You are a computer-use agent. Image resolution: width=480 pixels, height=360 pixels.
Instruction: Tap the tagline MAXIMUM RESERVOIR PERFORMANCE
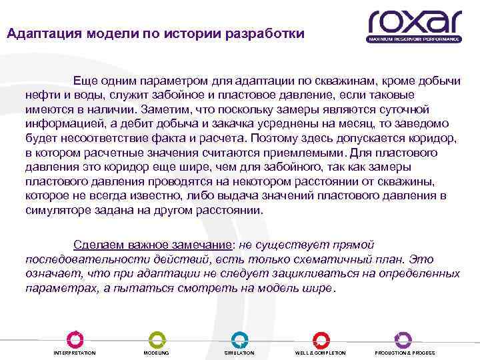(413, 39)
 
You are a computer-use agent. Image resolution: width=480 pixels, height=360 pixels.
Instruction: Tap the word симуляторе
(59, 210)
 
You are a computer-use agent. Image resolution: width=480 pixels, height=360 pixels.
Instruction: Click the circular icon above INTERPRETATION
(74, 339)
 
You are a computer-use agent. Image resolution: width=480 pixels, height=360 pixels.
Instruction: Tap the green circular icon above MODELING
(156, 339)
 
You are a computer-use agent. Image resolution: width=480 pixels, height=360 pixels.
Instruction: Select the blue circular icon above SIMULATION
(239, 339)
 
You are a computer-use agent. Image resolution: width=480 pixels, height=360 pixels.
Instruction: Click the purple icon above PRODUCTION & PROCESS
(403, 339)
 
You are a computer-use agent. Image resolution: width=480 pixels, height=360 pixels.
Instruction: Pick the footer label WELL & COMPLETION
(321, 353)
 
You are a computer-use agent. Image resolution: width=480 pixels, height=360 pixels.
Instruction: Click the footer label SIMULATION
(239, 353)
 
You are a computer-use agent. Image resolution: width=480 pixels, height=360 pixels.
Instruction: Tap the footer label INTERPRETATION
(74, 353)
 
